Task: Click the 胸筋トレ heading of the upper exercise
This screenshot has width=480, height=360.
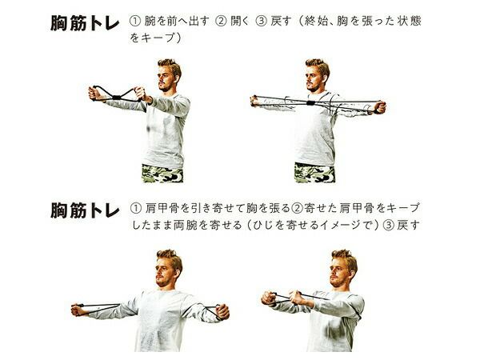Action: [85, 23]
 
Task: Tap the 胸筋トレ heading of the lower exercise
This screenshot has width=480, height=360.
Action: [85, 210]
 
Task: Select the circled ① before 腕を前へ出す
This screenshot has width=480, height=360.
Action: [135, 21]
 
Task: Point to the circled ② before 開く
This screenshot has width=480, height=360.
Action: [221, 21]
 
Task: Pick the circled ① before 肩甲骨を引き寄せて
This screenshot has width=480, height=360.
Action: [136, 208]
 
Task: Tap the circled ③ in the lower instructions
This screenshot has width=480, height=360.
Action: [388, 226]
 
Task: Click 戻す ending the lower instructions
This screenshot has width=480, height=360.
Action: [408, 226]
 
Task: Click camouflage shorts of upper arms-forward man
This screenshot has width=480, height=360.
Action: [163, 174]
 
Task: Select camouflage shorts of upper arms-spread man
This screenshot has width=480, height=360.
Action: [314, 173]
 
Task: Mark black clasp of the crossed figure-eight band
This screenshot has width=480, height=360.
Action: [117, 98]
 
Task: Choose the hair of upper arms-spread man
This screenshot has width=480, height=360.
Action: [318, 66]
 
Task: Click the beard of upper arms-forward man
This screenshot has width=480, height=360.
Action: [165, 87]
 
